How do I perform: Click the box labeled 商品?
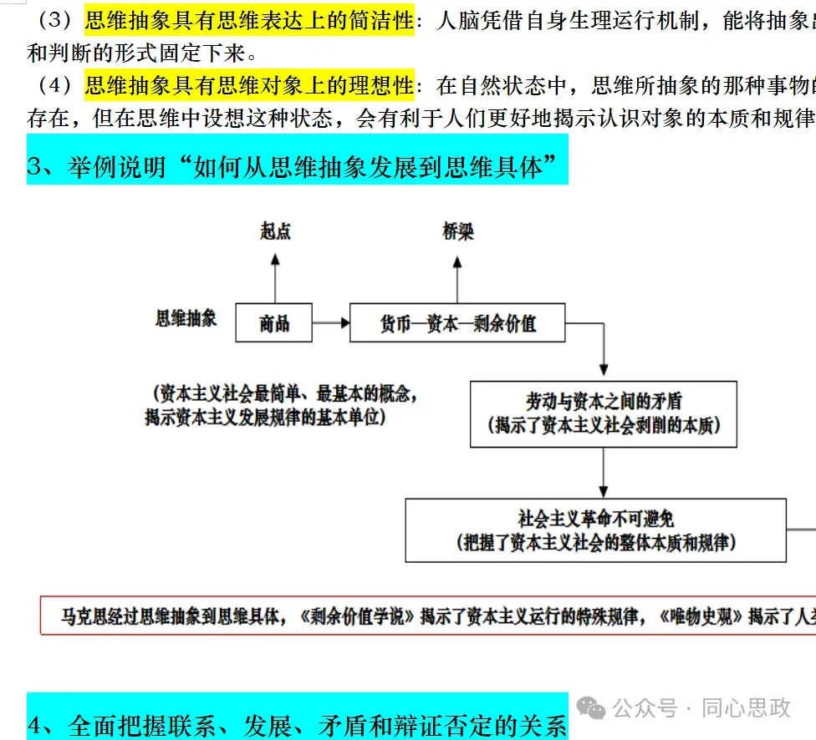coord(273,323)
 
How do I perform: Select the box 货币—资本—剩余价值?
coord(457,323)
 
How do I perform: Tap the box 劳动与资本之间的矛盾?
coord(603,413)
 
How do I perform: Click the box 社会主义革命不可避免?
coord(595,530)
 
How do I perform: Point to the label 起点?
coord(275,231)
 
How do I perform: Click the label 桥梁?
coord(457,231)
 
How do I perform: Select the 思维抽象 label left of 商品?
coord(186,318)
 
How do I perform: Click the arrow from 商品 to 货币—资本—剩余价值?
coord(330,323)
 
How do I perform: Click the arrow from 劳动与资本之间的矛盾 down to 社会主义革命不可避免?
coord(603,477)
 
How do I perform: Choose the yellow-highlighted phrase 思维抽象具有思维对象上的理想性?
coord(249,86)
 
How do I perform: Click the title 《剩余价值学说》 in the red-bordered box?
coord(356,616)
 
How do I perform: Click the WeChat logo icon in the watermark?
coord(594,709)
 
